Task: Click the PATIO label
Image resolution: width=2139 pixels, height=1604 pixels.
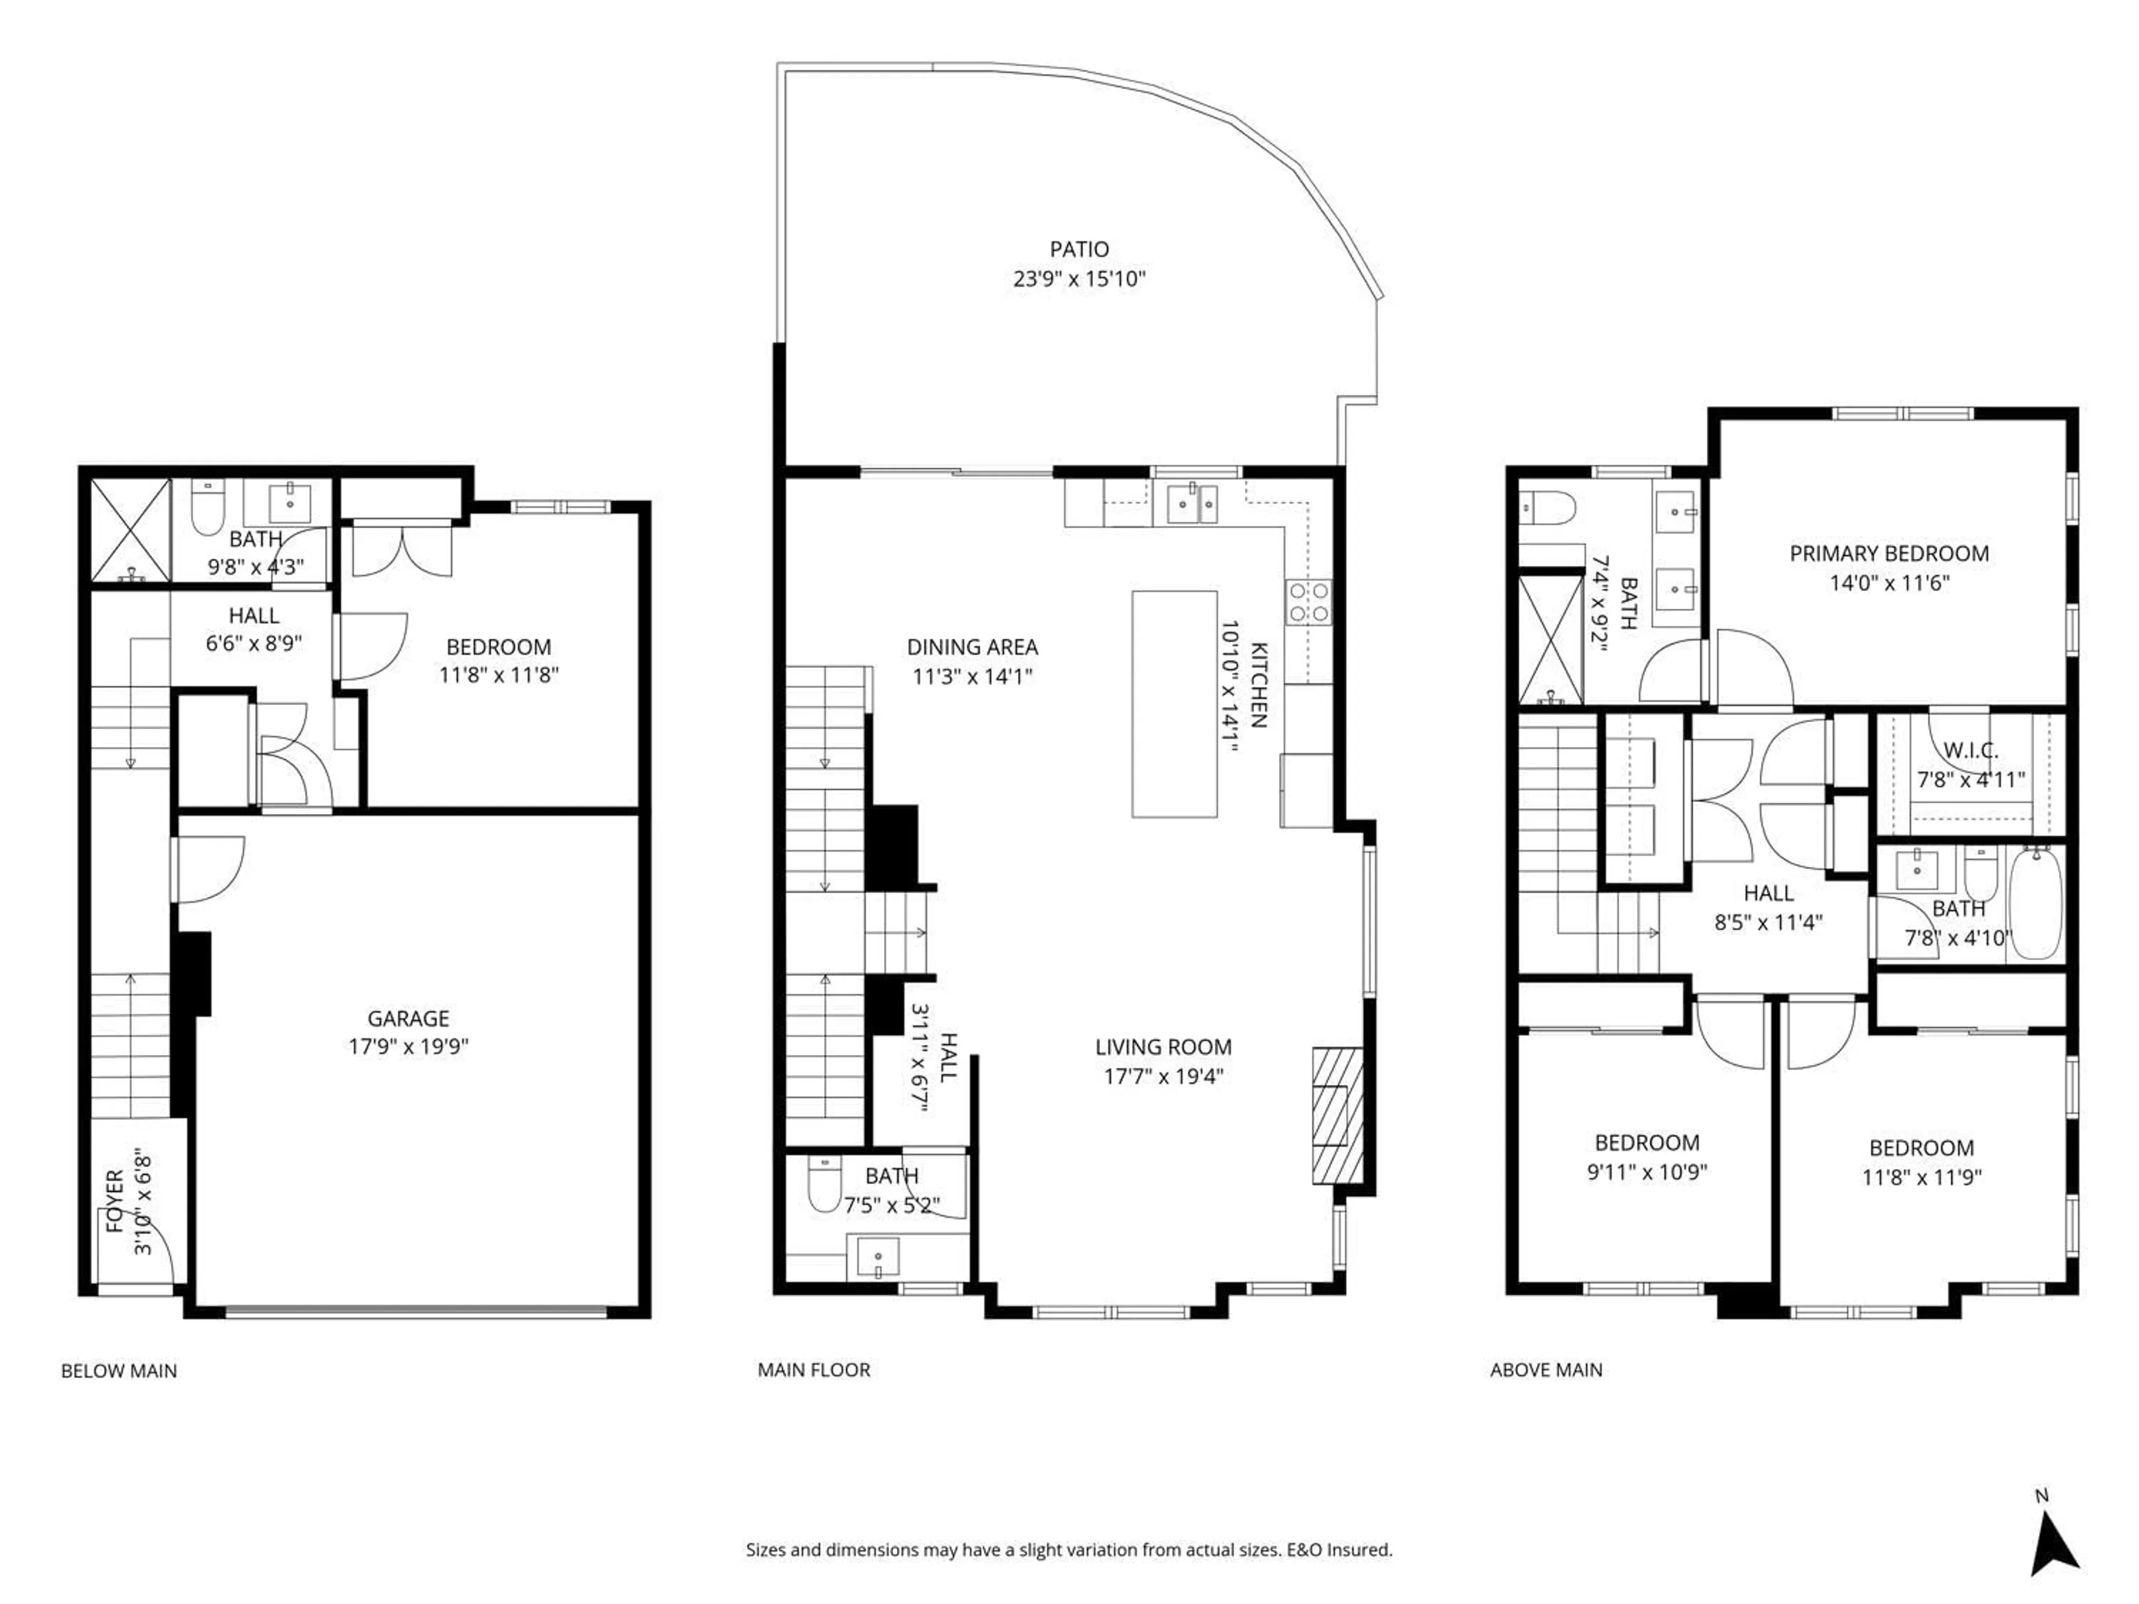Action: (x=1079, y=250)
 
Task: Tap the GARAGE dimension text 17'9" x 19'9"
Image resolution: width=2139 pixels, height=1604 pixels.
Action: (x=408, y=1046)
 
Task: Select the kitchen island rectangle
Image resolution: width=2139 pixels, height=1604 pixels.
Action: (x=1174, y=704)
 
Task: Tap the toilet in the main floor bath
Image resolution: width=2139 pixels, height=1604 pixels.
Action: (x=824, y=1185)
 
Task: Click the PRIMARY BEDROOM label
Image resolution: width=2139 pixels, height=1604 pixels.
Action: (x=1888, y=554)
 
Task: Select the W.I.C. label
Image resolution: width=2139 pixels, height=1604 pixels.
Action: (x=1971, y=750)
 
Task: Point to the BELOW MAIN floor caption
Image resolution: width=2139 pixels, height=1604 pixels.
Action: (x=119, y=1371)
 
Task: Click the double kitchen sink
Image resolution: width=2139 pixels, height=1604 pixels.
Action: (x=1192, y=503)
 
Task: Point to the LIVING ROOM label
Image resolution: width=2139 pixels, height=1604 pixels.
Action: (x=1163, y=1047)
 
